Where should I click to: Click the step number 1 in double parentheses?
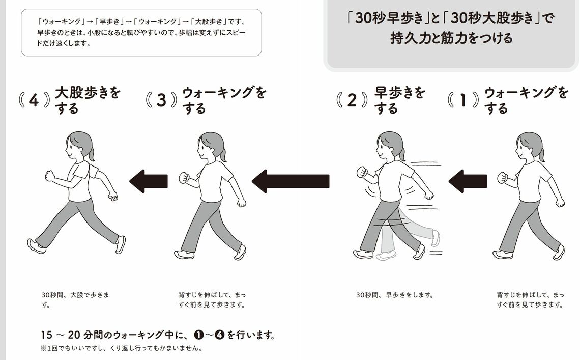click(x=463, y=100)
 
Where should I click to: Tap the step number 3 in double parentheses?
click(x=161, y=100)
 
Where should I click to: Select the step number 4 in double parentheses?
click(x=34, y=100)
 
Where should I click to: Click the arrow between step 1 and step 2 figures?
click(x=467, y=181)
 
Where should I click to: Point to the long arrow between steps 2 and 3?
click(x=291, y=181)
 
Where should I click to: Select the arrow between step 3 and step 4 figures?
click(x=149, y=181)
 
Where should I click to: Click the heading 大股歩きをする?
click(x=88, y=100)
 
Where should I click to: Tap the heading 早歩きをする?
click(x=399, y=100)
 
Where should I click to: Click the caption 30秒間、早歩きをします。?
click(x=394, y=295)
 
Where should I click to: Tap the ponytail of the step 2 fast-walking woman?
click(x=403, y=153)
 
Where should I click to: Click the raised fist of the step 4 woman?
click(x=49, y=176)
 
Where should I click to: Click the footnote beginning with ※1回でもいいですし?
click(x=121, y=349)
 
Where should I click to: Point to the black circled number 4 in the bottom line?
click(x=220, y=336)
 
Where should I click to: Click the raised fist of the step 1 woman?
click(x=503, y=178)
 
